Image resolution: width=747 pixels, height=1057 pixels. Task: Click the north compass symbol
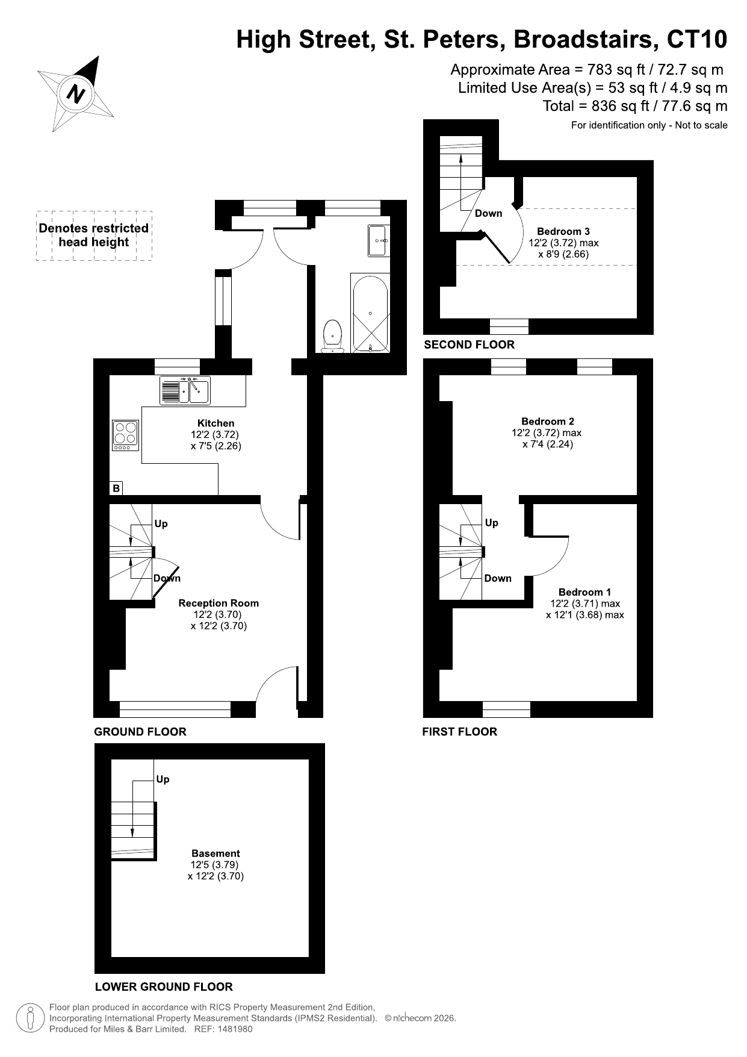[76, 94]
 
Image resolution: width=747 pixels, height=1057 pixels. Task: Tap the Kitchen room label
[215, 423]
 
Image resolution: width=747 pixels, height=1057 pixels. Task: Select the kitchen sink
[184, 390]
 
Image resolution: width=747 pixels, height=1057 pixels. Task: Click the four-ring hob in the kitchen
[125, 435]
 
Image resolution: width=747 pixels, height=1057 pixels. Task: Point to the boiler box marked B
[116, 488]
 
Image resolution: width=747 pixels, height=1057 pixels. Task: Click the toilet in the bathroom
[333, 336]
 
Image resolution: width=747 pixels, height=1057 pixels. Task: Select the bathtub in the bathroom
[370, 313]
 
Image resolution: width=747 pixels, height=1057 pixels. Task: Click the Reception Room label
[219, 603]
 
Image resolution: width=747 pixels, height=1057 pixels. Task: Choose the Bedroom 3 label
[563, 231]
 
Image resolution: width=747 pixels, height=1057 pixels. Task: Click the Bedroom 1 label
[584, 592]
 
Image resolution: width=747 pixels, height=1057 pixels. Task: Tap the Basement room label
[215, 853]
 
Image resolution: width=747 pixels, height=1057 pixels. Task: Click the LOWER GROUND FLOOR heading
[164, 987]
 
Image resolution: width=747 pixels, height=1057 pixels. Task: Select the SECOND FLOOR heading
[470, 345]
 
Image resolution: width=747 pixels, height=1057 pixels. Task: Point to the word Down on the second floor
[488, 213]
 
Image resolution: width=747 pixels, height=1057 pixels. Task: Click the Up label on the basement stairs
[163, 779]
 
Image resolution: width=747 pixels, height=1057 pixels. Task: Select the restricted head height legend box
[94, 235]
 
